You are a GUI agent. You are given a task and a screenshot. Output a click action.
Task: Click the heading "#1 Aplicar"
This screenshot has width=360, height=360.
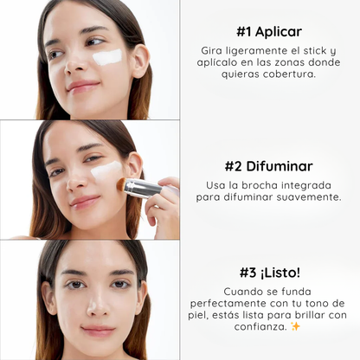tap(269, 31)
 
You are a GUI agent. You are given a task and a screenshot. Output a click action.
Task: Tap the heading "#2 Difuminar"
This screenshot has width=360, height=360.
tap(269, 166)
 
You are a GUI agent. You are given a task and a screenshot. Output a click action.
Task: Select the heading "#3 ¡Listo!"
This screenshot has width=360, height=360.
tap(270, 273)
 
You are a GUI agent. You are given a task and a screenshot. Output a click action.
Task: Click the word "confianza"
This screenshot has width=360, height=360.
tap(260, 327)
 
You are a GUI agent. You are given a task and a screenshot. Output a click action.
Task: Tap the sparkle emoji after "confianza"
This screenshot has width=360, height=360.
tap(295, 326)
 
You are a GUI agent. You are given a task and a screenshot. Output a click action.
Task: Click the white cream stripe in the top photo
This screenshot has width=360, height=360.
tap(107, 56)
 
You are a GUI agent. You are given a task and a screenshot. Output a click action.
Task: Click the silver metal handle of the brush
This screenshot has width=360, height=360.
tap(144, 188)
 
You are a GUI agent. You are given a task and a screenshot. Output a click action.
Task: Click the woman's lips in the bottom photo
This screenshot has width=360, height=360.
tap(98, 331)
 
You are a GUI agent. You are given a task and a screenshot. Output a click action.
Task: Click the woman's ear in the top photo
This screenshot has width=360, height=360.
tap(140, 61)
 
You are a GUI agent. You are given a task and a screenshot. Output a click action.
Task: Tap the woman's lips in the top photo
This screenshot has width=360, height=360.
tap(83, 86)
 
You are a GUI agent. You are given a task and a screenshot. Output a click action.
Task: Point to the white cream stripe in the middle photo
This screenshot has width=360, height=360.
tap(106, 170)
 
